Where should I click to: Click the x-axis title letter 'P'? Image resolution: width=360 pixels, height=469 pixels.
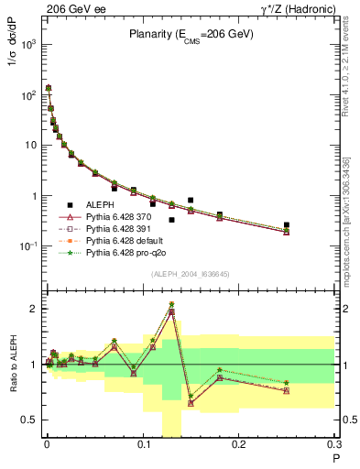[x=335, y=457]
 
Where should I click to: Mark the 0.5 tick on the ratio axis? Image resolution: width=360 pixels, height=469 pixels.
[x=30, y=420]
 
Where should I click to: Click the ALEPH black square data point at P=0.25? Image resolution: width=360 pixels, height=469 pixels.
[x=287, y=224]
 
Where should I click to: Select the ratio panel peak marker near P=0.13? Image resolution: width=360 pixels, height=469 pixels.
[x=171, y=305]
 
